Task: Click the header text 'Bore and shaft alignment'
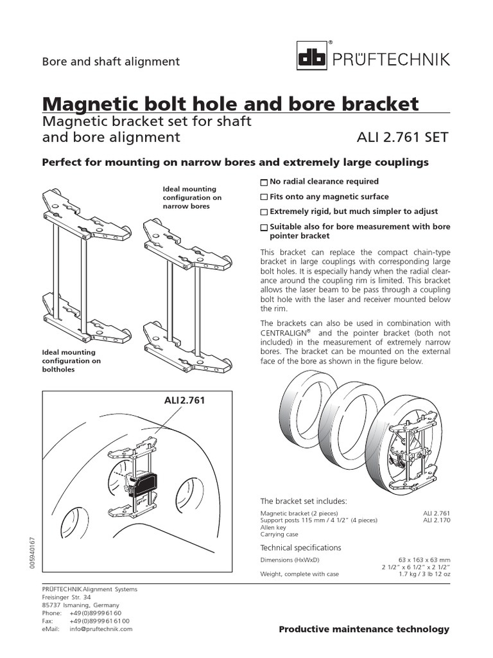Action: (110, 62)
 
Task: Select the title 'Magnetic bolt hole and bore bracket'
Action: (230, 103)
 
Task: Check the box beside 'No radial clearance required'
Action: (264, 182)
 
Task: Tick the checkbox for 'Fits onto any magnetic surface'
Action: (264, 197)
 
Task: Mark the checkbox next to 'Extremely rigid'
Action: (264, 212)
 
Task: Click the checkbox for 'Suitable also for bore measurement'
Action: (264, 227)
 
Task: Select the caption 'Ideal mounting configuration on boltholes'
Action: (71, 360)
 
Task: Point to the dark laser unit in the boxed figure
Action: (142, 483)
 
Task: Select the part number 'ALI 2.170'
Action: (437, 520)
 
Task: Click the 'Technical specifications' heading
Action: (300, 547)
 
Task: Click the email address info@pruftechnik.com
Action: (101, 629)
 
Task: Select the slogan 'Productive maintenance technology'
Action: (364, 629)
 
